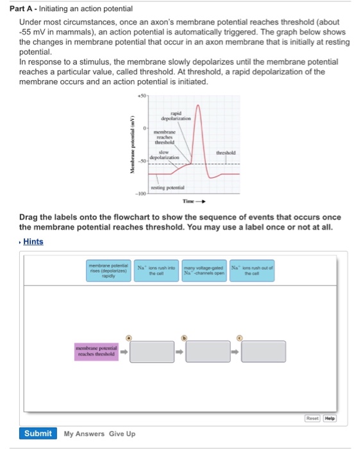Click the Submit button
coord(38,433)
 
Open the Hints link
coord(33,241)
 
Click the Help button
coord(329,418)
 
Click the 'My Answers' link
coord(83,434)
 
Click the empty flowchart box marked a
coord(153,352)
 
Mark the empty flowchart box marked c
coord(263,352)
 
